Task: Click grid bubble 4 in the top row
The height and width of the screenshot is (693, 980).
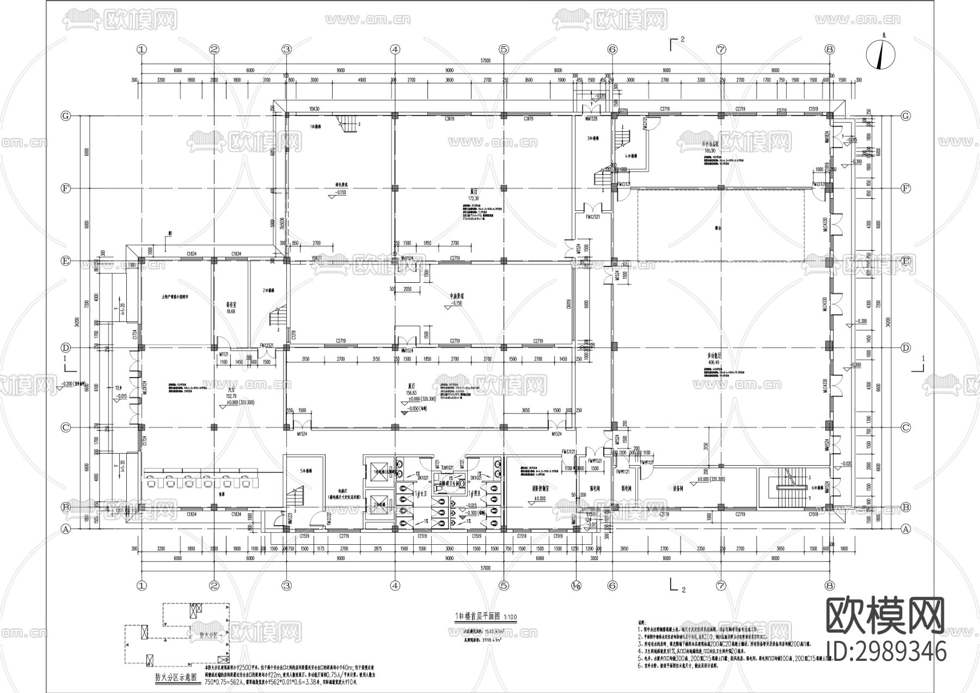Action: tap(395, 50)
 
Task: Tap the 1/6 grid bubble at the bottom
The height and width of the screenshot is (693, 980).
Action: tap(577, 586)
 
